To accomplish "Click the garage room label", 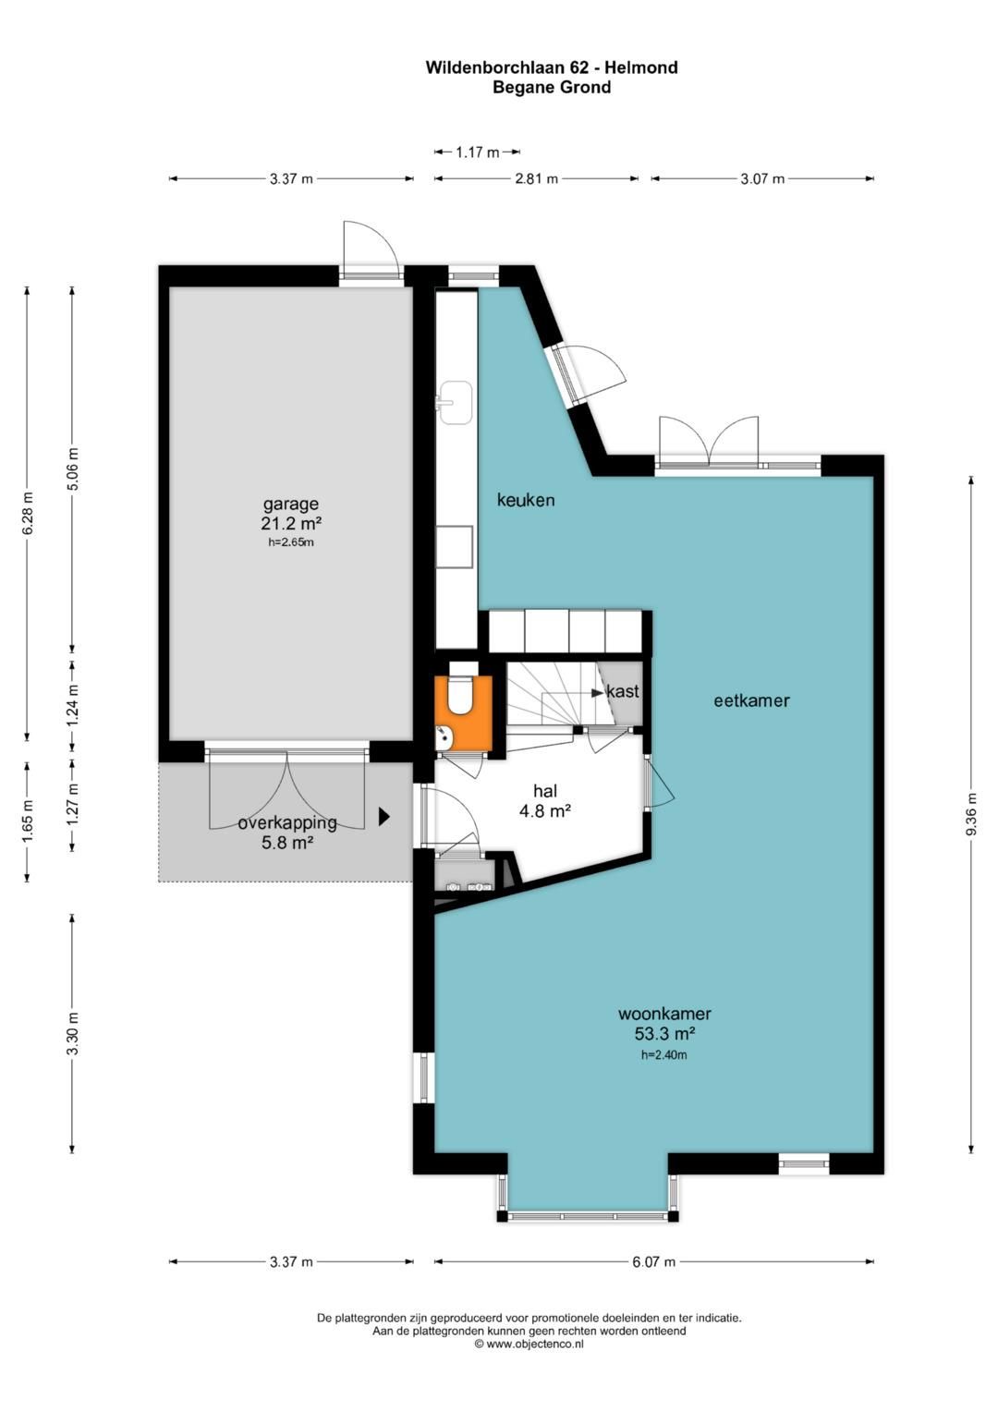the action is (290, 504).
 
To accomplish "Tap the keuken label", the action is (526, 500).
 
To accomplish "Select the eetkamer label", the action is (751, 700).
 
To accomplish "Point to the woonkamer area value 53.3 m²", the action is (664, 1033).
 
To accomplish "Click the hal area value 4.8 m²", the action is (545, 811).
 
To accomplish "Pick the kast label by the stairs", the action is (623, 692).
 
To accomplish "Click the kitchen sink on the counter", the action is (454, 402).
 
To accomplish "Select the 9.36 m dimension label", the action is (971, 813).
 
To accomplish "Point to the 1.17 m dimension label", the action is (477, 152).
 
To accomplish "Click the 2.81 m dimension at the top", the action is (536, 179).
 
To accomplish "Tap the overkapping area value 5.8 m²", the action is (287, 842).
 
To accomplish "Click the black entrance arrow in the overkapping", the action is (383, 817).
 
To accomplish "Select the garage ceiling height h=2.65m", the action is (290, 541).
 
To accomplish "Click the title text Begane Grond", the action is (552, 87).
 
